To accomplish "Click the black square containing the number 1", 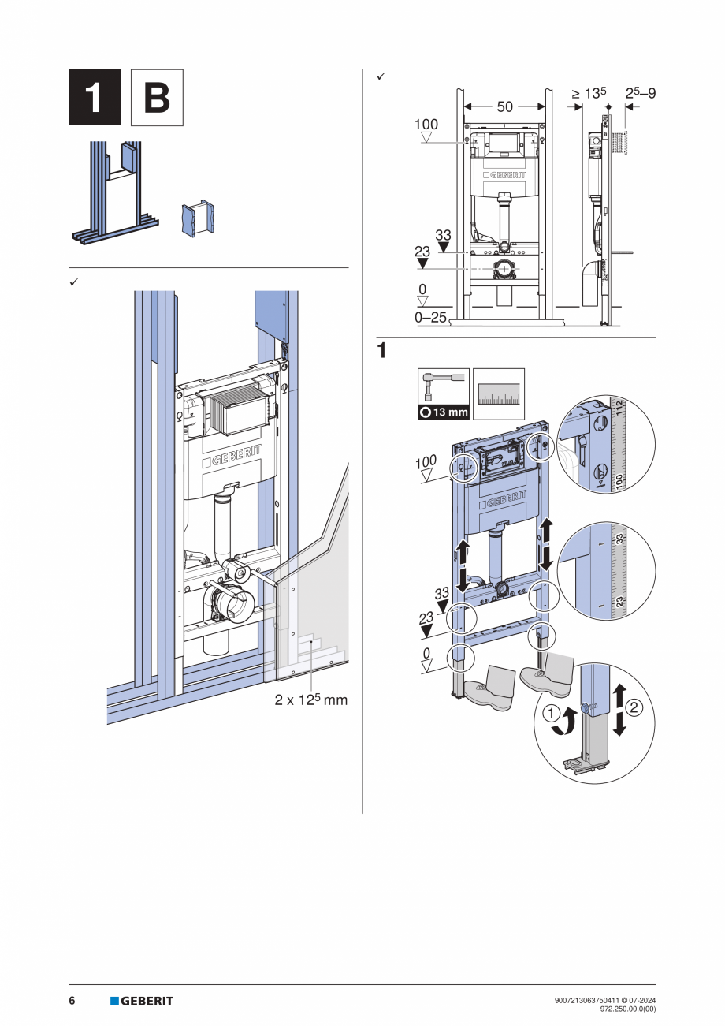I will click(x=95, y=97).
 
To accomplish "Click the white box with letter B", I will click(x=157, y=97).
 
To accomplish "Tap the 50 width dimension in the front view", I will click(x=504, y=106).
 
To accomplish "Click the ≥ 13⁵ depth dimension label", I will click(x=589, y=93).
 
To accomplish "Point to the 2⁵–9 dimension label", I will click(x=640, y=93).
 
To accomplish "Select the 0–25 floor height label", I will click(x=430, y=318).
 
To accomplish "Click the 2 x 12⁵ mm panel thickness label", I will click(x=310, y=700).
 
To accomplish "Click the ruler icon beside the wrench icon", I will click(x=499, y=394).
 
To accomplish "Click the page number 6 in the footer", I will click(x=72, y=1001).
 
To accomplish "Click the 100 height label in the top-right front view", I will click(x=426, y=125).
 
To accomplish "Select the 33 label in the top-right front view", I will click(x=443, y=235).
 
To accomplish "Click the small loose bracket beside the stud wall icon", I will click(x=198, y=218).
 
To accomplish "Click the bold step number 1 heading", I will click(x=381, y=351).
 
